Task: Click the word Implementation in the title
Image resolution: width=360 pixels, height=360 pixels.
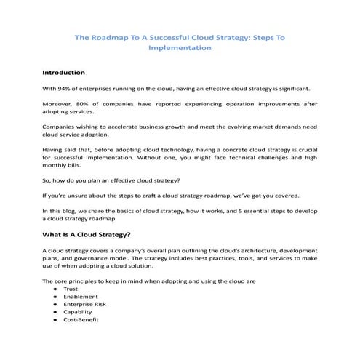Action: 180,48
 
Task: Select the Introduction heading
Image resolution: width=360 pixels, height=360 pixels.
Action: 64,73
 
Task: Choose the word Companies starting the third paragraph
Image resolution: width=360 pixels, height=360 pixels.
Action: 60,127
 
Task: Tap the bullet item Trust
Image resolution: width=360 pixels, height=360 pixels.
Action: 71,289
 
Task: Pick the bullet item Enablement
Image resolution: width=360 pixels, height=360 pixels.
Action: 79,297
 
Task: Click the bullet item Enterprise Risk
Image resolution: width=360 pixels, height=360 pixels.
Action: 84,304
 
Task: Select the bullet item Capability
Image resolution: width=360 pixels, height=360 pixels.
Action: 78,312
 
